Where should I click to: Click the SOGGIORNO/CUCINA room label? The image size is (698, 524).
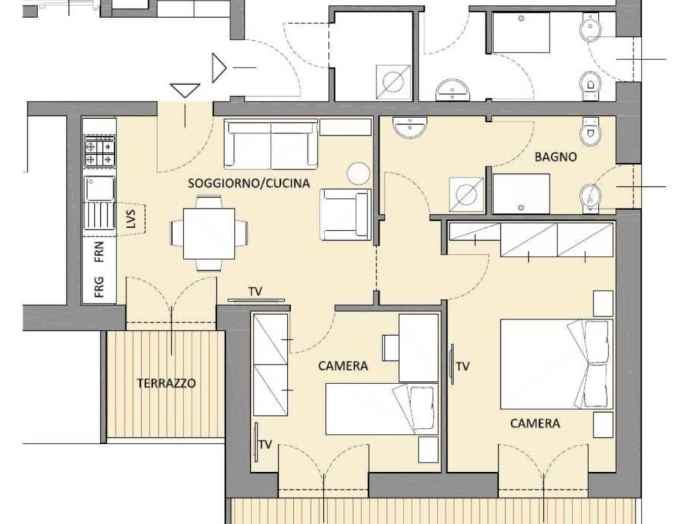pos(249,183)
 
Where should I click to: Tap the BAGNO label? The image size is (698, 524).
pos(556,157)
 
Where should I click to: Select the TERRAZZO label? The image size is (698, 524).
pos(166,383)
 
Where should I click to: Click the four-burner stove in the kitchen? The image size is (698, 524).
pos(99,151)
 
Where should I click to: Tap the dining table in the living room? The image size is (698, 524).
pos(209,233)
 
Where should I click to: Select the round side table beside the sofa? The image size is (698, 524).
pos(359,173)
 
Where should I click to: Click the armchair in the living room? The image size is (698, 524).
pos(346,214)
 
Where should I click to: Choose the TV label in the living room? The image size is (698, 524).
pos(256,292)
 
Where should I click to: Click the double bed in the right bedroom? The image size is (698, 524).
pos(556,364)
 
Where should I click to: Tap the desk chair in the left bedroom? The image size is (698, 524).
pos(391,347)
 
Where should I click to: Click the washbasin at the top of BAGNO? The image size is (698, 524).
pos(409,127)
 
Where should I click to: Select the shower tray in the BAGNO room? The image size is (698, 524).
pos(521,194)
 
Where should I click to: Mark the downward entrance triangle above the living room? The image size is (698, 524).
pos(185,90)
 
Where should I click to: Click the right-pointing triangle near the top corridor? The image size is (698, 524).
pos(218,68)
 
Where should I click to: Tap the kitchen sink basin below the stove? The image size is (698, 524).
pos(100,188)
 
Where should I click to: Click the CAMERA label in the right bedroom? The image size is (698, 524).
pos(535,424)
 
